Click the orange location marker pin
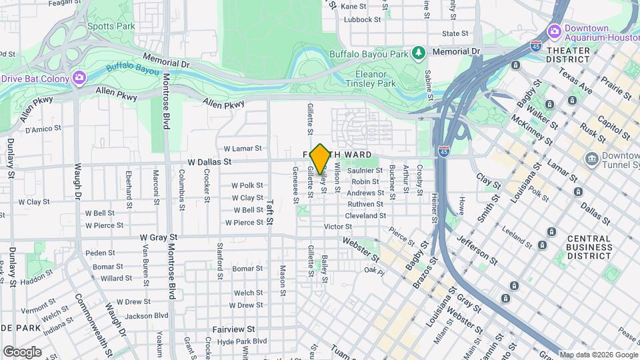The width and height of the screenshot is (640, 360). pyautogui.click(x=321, y=159)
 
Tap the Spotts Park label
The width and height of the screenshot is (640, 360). pyautogui.click(x=111, y=27)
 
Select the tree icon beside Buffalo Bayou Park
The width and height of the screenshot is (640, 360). pyautogui.click(x=418, y=51)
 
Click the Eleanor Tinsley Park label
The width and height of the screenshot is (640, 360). pyautogui.click(x=371, y=79)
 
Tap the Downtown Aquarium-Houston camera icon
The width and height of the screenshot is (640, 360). pyautogui.click(x=554, y=31)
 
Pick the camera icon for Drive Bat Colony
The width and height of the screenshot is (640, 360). pyautogui.click(x=79, y=78)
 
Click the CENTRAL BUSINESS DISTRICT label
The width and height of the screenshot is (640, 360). pyautogui.click(x=589, y=247)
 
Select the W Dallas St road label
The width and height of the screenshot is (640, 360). pyautogui.click(x=209, y=161)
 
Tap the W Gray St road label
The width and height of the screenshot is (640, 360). pyautogui.click(x=159, y=237)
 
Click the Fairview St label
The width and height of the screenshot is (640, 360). pyautogui.click(x=233, y=329)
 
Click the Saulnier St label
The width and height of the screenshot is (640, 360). pyautogui.click(x=365, y=171)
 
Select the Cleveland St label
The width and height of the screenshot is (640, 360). pyautogui.click(x=365, y=215)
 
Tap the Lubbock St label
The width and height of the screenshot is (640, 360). pyautogui.click(x=362, y=19)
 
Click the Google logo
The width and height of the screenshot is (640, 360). pyautogui.click(x=22, y=351)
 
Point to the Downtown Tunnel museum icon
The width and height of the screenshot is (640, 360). pyautogui.click(x=591, y=159)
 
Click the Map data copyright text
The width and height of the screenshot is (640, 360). pyautogui.click(x=598, y=354)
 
